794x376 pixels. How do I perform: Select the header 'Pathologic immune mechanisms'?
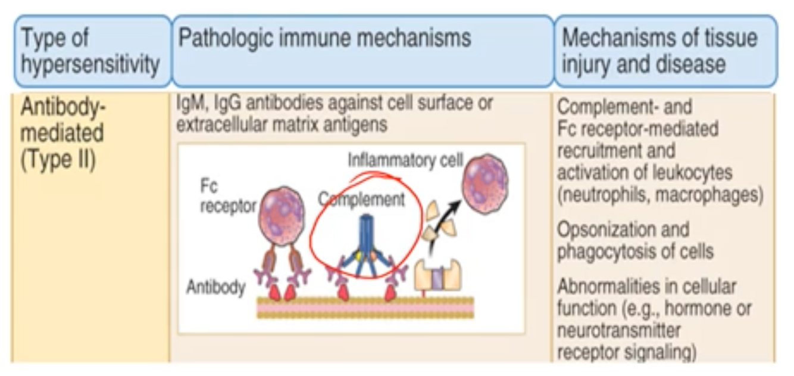point(325,38)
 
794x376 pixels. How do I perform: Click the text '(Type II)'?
point(58,161)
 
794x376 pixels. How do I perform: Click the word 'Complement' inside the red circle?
point(361,199)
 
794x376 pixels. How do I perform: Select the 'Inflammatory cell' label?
point(405,160)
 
